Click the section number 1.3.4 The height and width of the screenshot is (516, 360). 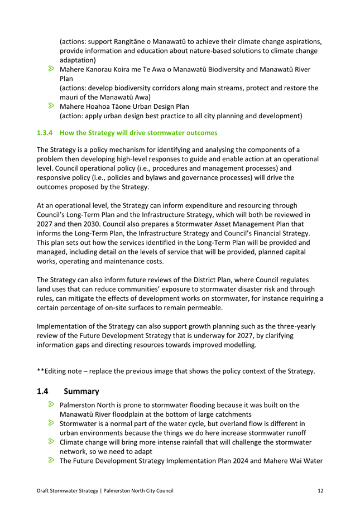tap(45, 133)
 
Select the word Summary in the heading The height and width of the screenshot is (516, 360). tap(81, 392)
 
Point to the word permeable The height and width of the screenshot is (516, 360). tap(205, 307)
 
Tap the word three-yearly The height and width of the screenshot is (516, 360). tap(298, 326)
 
